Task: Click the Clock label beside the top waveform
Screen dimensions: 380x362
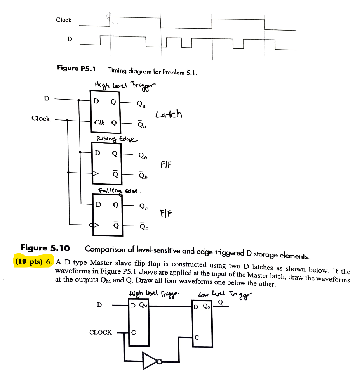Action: point(63,20)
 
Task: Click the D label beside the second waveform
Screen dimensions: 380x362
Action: point(70,39)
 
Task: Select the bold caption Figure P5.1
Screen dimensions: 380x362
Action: point(76,69)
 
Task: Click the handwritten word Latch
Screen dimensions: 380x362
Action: point(169,114)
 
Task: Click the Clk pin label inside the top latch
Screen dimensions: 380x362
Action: point(100,122)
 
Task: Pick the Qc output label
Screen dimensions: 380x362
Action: point(143,206)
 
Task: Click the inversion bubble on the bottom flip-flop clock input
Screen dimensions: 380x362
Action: point(91,225)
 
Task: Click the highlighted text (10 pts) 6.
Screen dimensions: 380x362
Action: point(33,261)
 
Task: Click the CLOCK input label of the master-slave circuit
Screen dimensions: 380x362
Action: point(100,332)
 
